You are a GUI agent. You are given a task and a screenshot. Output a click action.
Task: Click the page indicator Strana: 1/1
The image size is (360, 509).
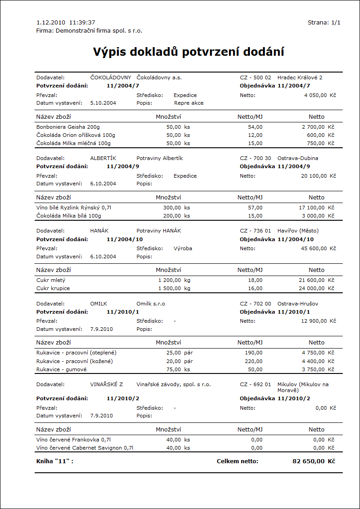coord(324,22)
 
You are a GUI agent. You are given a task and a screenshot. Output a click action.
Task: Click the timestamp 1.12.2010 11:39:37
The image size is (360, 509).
coord(65,22)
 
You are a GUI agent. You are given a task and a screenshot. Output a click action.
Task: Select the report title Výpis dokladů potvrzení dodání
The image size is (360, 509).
coord(189,51)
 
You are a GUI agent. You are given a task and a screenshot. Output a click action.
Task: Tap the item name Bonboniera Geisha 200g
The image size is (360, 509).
coord(68,127)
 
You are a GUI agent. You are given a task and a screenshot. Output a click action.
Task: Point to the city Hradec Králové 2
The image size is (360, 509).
coord(300,78)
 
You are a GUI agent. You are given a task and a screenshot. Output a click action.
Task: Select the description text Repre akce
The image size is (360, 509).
coord(189,103)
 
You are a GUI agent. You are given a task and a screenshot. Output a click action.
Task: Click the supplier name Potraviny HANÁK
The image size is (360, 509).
coord(159,231)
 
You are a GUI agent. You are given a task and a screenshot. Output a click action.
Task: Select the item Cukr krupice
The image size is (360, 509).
coord(53,288)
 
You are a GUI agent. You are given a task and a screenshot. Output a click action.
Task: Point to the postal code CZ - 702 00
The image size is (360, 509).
coord(255,303)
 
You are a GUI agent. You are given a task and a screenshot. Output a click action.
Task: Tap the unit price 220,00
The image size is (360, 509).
coord(253,361)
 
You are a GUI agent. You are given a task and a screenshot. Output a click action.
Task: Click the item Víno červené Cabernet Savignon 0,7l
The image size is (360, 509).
coord(85,448)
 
